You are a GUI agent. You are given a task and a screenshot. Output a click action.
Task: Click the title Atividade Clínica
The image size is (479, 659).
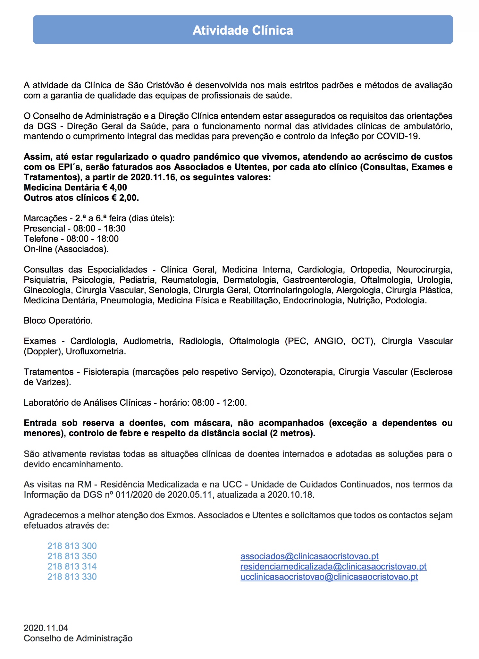pos(243,30)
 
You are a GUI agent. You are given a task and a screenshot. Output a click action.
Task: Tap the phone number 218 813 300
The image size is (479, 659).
pos(72,546)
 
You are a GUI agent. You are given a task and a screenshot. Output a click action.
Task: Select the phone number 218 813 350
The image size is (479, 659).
pos(72,556)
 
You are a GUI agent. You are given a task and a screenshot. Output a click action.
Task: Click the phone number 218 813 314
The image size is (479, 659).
pos(72,566)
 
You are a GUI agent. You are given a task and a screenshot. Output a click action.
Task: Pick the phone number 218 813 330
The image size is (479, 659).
pos(72,577)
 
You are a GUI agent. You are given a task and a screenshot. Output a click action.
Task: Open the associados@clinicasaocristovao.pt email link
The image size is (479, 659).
pos(309,556)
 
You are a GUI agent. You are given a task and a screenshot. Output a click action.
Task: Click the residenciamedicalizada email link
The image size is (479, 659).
pos(333,566)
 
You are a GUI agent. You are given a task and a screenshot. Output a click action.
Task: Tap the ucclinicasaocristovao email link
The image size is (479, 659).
pos(329,577)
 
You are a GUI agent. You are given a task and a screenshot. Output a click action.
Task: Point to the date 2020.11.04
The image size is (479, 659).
pos(46,628)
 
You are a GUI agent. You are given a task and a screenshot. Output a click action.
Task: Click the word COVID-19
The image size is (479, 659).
pos(398,136)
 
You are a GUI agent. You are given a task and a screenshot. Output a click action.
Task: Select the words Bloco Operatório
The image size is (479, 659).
pos(58,321)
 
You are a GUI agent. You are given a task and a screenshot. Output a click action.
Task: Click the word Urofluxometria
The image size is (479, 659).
pos(96,351)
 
